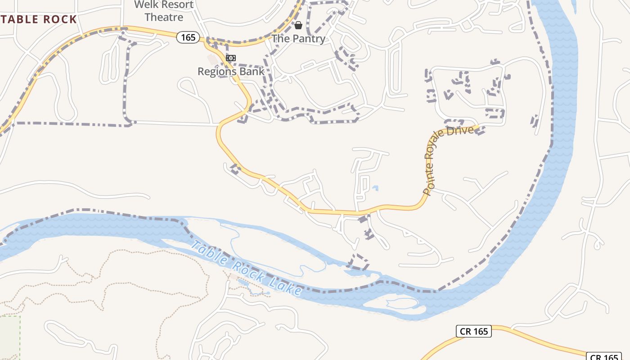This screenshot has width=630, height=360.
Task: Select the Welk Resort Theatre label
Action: tap(164, 11)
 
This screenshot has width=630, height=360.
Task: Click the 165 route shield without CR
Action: tap(188, 37)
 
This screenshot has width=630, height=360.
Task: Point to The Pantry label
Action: tap(299, 39)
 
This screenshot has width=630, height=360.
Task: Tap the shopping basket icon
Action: tap(298, 25)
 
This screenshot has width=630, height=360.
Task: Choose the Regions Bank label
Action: tap(231, 71)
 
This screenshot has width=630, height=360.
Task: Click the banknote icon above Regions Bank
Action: tap(231, 58)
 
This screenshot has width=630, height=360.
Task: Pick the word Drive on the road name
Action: tap(465, 132)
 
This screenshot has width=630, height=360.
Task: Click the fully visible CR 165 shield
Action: tap(474, 332)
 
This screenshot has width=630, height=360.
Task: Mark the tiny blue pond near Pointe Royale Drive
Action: tap(375, 188)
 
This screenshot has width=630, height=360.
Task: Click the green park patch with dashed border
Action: tap(9, 337)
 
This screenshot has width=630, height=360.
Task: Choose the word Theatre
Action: tap(164, 18)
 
